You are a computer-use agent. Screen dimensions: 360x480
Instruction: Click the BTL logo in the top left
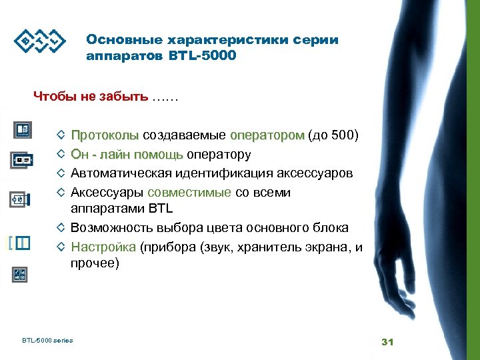coord(41,42)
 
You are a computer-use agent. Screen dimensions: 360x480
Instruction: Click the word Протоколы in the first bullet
coord(105,136)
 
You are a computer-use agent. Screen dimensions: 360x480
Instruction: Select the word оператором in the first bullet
coord(267,136)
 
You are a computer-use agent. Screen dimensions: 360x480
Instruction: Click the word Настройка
coord(103,246)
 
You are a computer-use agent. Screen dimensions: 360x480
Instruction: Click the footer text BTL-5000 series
coord(47,341)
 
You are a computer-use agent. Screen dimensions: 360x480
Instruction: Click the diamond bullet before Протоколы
coord(61,135)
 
